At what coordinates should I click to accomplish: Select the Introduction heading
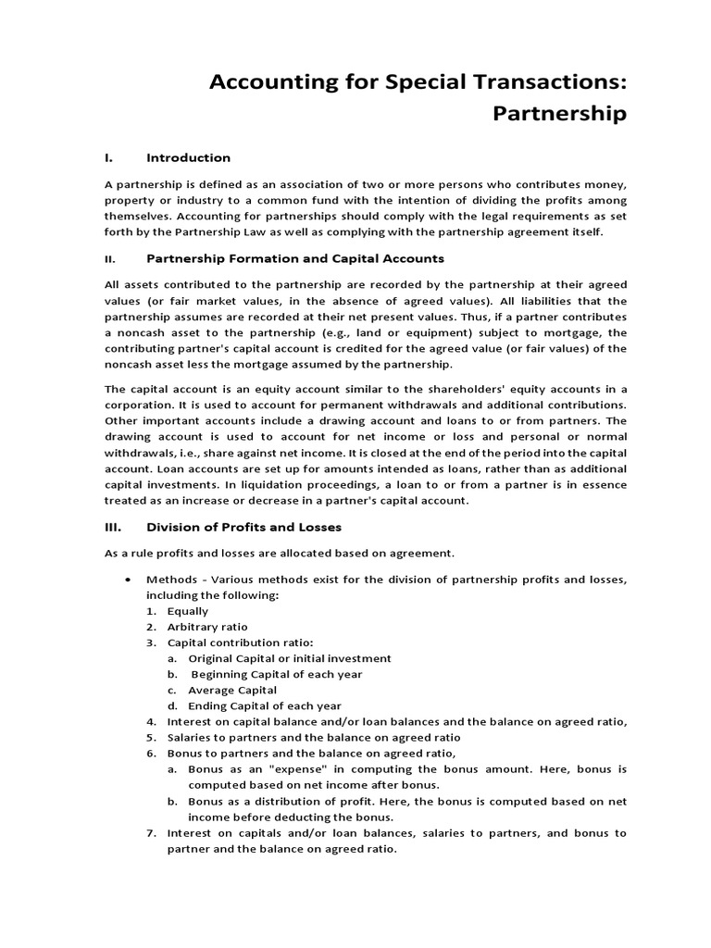click(188, 157)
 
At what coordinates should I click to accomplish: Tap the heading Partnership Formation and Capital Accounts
click(295, 258)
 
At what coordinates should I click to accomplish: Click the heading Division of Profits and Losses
click(244, 527)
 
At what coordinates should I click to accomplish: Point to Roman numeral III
click(113, 527)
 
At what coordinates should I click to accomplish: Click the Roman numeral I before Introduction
click(106, 157)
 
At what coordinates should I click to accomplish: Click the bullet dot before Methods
click(127, 580)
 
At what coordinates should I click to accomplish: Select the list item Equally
click(188, 611)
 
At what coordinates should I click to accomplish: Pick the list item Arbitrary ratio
click(207, 627)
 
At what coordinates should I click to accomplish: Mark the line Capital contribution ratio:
click(240, 642)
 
